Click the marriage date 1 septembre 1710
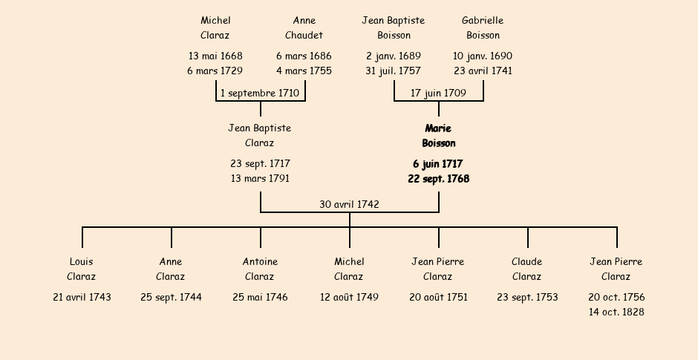tap(260, 94)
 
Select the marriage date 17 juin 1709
tap(438, 94)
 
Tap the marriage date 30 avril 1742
tap(349, 204)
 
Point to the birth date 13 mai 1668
tap(215, 56)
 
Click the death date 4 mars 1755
tap(304, 71)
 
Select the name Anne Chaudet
tap(304, 28)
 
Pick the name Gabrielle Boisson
tap(483, 28)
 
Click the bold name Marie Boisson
tap(438, 136)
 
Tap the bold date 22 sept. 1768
tap(438, 179)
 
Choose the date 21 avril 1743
tap(82, 298)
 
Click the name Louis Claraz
tap(82, 269)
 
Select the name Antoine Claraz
tap(260, 269)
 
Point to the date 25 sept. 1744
tap(171, 298)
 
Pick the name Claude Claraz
tap(526, 269)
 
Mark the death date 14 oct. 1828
tap(616, 312)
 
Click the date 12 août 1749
tap(349, 298)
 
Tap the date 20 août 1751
tap(438, 298)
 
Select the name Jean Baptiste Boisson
tap(394, 28)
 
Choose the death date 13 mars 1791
tap(260, 179)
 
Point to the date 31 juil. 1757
tap(393, 71)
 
